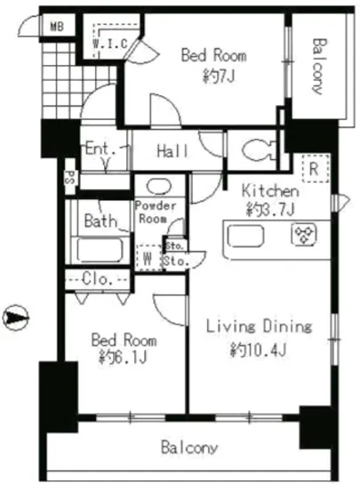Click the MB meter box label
(x=57, y=27)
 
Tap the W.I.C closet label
(x=110, y=44)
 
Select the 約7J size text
(x=219, y=76)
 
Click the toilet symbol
(x=259, y=150)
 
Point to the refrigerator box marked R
(x=316, y=169)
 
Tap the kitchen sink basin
(x=245, y=236)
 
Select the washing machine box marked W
(x=148, y=258)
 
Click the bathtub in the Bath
(x=100, y=250)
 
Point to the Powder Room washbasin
(x=159, y=186)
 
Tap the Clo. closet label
(x=97, y=279)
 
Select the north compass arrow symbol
(x=15, y=317)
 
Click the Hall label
(x=172, y=151)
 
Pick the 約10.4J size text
(x=258, y=349)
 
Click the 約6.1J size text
(x=123, y=357)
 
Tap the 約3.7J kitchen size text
(x=270, y=209)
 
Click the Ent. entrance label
(x=100, y=148)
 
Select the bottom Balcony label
(x=189, y=448)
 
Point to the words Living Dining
(x=259, y=326)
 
